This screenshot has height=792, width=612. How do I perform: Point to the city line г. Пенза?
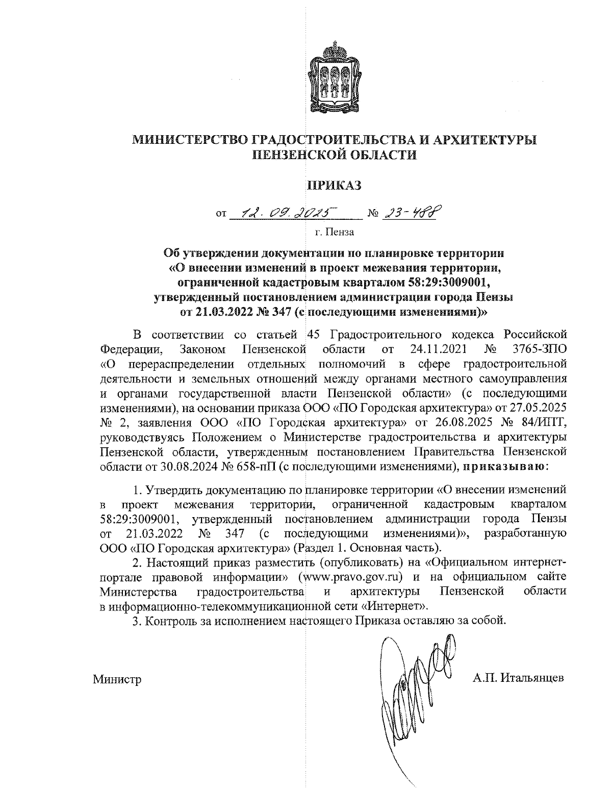pyautogui.click(x=334, y=233)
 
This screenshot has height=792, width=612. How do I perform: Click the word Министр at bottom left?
pyautogui.click(x=117, y=679)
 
